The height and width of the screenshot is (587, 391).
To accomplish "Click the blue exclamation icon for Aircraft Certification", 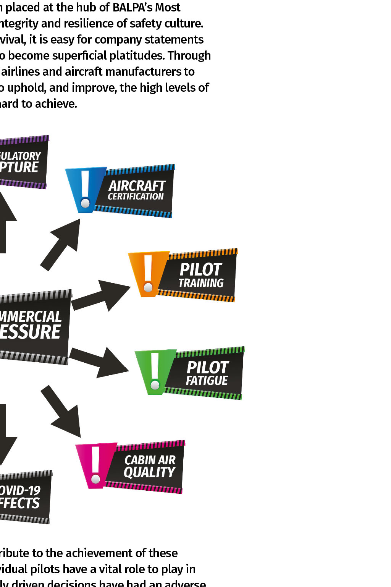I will (86, 190).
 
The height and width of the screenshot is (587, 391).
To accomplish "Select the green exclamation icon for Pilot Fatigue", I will (155, 372).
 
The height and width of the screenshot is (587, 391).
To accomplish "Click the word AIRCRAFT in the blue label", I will (137, 186).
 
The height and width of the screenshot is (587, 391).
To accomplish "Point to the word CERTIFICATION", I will (136, 196).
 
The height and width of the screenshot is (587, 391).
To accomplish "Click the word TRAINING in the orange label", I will (201, 283).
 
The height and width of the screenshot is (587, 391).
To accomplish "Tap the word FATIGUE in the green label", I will (207, 381).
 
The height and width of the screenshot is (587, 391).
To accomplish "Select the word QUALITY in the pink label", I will (149, 472).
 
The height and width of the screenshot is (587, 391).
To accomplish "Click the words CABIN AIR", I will (150, 460).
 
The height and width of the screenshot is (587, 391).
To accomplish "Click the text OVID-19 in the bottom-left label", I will (20, 490).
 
